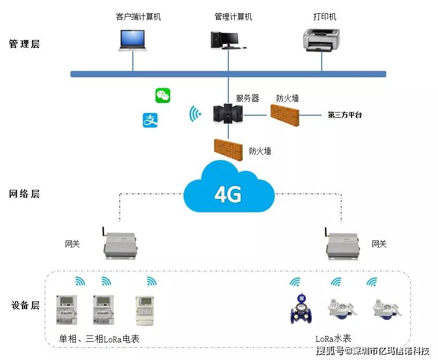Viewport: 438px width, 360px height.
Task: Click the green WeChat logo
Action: (163, 95)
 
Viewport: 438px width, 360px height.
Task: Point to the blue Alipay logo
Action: (150, 121)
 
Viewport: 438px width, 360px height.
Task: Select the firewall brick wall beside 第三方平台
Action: (284, 115)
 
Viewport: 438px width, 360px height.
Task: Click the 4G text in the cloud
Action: (228, 195)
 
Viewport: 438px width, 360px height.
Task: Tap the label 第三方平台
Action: (344, 115)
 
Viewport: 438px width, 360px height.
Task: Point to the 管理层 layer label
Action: (25, 44)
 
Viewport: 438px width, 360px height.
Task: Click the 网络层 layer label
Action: (25, 194)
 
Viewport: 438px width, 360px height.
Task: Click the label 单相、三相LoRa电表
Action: (99, 339)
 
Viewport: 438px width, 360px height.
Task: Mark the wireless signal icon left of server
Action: (196, 114)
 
